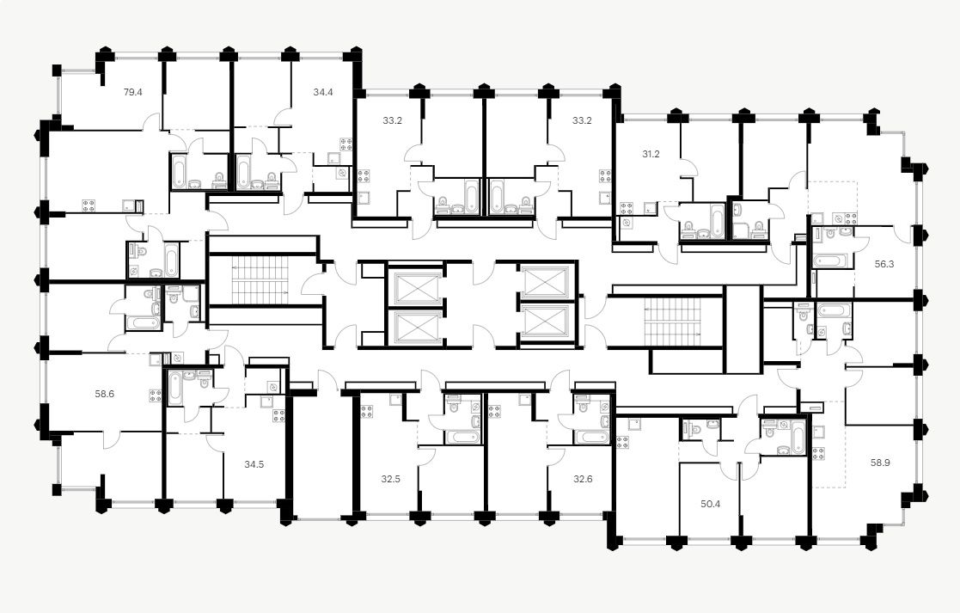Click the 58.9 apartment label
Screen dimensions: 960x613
(x=880, y=462)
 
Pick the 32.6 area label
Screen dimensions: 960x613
(x=584, y=479)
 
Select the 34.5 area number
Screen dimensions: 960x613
(x=254, y=464)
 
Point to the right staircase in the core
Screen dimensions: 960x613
(x=675, y=320)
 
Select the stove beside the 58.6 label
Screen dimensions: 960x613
(x=156, y=396)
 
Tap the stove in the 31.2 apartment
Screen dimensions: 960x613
(x=625, y=208)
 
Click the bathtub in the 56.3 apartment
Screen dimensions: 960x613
(x=832, y=260)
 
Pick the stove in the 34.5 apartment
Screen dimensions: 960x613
(x=279, y=416)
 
